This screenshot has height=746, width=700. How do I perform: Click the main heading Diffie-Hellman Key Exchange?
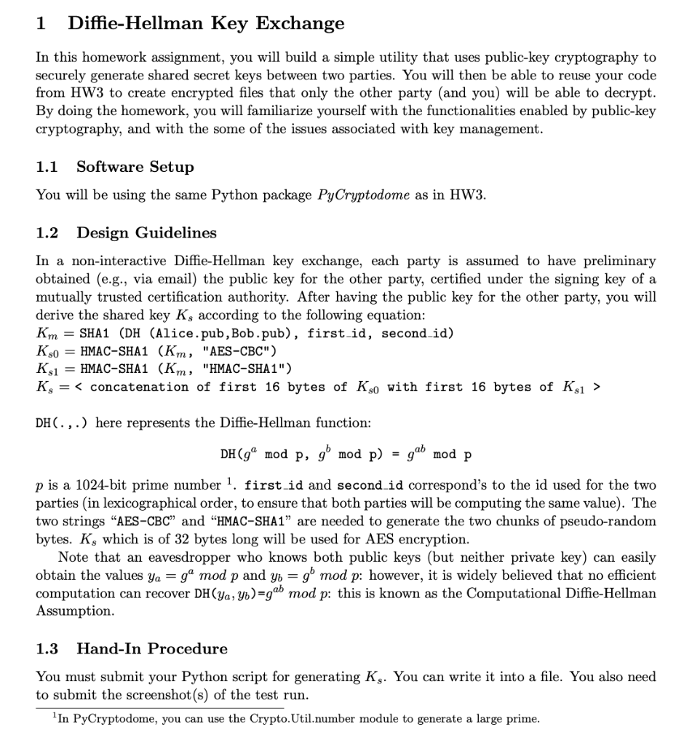coord(206,23)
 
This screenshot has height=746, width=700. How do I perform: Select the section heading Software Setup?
coord(135,167)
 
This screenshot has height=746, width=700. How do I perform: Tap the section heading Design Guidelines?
coord(146,232)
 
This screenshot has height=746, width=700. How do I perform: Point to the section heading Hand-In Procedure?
coord(152,648)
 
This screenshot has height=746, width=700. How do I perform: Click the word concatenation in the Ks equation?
coord(137,387)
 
